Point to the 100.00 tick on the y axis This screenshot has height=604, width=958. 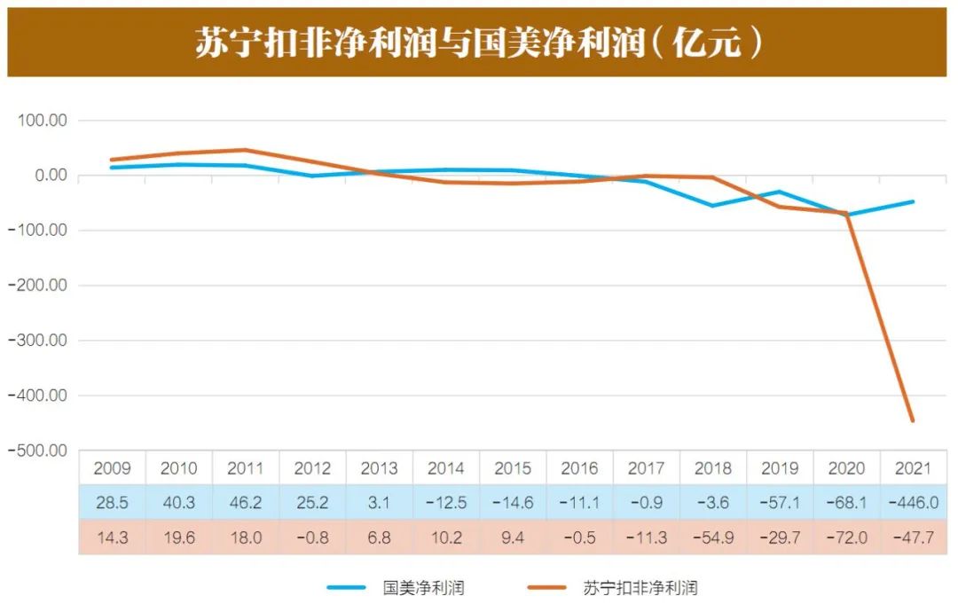click(x=43, y=121)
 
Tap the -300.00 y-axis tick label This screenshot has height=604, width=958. click(x=40, y=341)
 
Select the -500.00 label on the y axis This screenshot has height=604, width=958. click(x=40, y=451)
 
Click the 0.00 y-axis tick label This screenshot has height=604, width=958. click(x=49, y=176)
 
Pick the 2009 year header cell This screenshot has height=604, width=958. click(x=112, y=468)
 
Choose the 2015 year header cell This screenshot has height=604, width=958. click(x=513, y=468)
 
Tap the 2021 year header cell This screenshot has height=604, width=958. click(x=913, y=468)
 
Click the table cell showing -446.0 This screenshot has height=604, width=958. click(x=913, y=503)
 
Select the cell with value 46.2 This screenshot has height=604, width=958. click(x=246, y=503)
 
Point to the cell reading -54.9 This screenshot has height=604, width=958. click(x=713, y=537)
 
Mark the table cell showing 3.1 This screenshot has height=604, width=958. click(x=380, y=503)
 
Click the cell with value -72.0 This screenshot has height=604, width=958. click(x=846, y=537)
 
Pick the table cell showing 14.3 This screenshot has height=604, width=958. click(x=112, y=537)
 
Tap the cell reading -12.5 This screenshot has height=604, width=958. click(x=446, y=503)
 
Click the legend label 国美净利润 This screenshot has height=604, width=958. click(x=423, y=587)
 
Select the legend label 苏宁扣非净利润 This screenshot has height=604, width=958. click(x=640, y=587)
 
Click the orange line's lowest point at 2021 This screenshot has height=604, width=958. click(x=913, y=420)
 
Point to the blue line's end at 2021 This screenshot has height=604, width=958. click(x=913, y=202)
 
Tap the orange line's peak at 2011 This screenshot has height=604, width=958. click(x=246, y=150)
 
